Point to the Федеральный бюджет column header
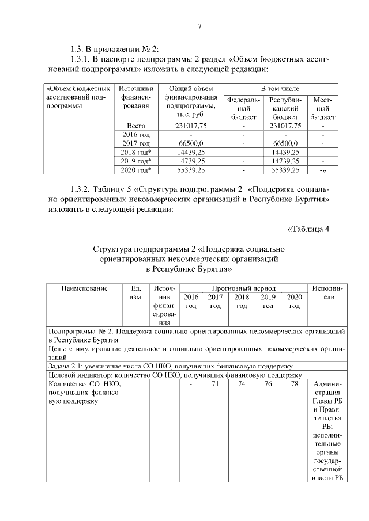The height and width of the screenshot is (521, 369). click(x=244, y=108)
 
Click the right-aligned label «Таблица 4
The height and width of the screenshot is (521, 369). click(x=308, y=229)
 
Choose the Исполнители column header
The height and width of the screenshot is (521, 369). click(x=327, y=292)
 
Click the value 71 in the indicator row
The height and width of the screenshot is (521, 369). click(x=215, y=384)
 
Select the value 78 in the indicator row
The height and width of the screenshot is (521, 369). click(x=294, y=384)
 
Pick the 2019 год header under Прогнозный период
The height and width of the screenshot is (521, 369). click(x=268, y=301)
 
